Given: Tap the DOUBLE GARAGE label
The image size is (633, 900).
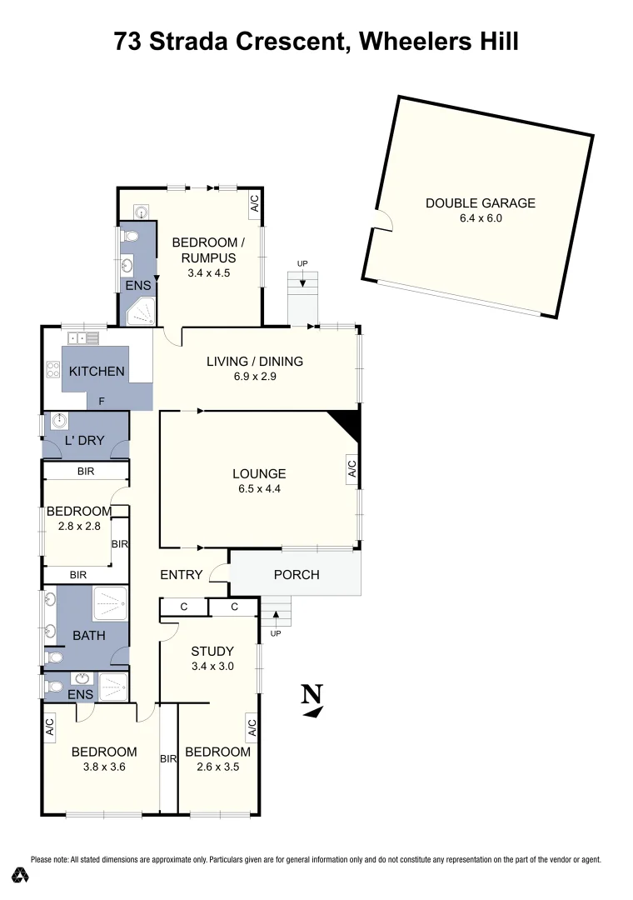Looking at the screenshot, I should [480, 202].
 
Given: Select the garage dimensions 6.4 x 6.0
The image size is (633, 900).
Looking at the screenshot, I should [481, 218].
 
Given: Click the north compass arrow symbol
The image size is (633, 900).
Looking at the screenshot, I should [312, 700].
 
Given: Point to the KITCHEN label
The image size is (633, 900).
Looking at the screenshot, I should [97, 372].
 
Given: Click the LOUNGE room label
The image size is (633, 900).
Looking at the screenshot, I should [259, 474].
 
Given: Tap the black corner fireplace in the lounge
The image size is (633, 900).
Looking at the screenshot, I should [348, 422].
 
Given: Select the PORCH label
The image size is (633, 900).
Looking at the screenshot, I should [297, 575].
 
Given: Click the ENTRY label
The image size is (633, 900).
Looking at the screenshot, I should [182, 574].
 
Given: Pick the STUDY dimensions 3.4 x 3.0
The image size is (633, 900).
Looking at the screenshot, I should [212, 666].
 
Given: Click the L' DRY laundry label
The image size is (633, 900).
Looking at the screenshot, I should [85, 439].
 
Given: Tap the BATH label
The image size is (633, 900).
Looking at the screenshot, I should [89, 636].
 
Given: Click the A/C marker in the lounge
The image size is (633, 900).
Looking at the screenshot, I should [351, 470].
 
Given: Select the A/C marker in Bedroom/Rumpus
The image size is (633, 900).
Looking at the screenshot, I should [255, 203].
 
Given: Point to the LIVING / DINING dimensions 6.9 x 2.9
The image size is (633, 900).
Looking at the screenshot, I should [255, 377].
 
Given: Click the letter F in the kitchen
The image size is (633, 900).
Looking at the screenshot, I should [101, 401].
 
